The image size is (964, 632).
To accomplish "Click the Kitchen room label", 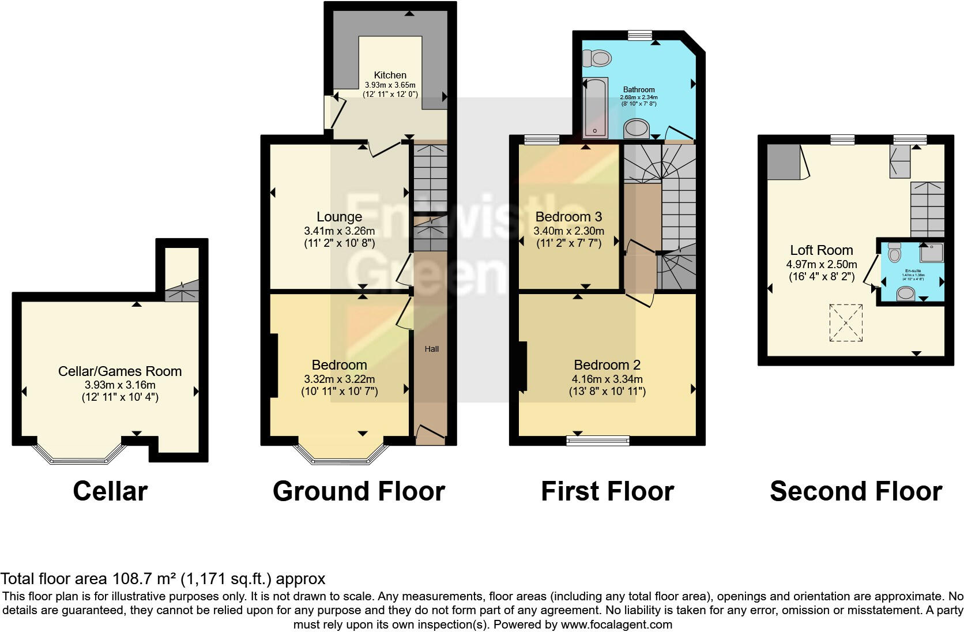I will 390,75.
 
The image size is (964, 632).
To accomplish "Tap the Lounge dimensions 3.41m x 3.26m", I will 339,231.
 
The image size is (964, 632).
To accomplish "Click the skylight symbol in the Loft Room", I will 846,323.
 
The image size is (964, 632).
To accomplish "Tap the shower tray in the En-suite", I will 932,252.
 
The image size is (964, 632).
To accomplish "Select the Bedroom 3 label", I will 568,217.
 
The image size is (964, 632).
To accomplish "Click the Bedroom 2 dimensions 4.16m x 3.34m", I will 607,379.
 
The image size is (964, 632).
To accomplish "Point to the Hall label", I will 432,349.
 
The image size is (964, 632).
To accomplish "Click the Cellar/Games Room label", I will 120,371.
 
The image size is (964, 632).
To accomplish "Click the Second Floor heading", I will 856,491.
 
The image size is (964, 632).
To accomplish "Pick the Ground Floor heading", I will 359,491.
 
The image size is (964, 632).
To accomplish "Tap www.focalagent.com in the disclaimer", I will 616,624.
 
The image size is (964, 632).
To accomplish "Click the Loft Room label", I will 821,250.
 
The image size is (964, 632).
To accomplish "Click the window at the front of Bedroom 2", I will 597,441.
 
